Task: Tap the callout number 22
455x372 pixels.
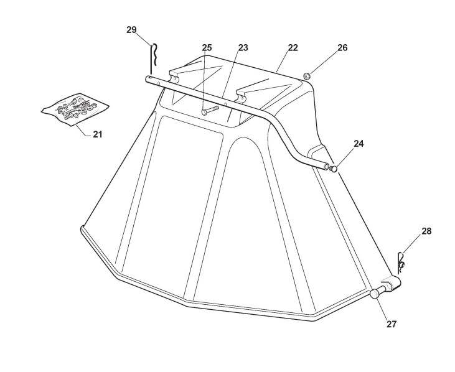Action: tap(293, 48)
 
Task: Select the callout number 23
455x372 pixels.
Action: tap(243, 48)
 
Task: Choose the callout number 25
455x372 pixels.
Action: tap(207, 48)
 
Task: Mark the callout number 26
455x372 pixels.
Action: tap(342, 48)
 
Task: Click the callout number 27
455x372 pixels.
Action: tap(391, 324)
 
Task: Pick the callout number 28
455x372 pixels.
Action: tap(426, 231)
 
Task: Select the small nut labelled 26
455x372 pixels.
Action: tap(307, 77)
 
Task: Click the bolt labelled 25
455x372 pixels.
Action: tap(209, 111)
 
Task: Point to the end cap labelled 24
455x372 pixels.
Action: tap(334, 168)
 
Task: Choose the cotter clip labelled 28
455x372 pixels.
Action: tap(402, 261)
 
